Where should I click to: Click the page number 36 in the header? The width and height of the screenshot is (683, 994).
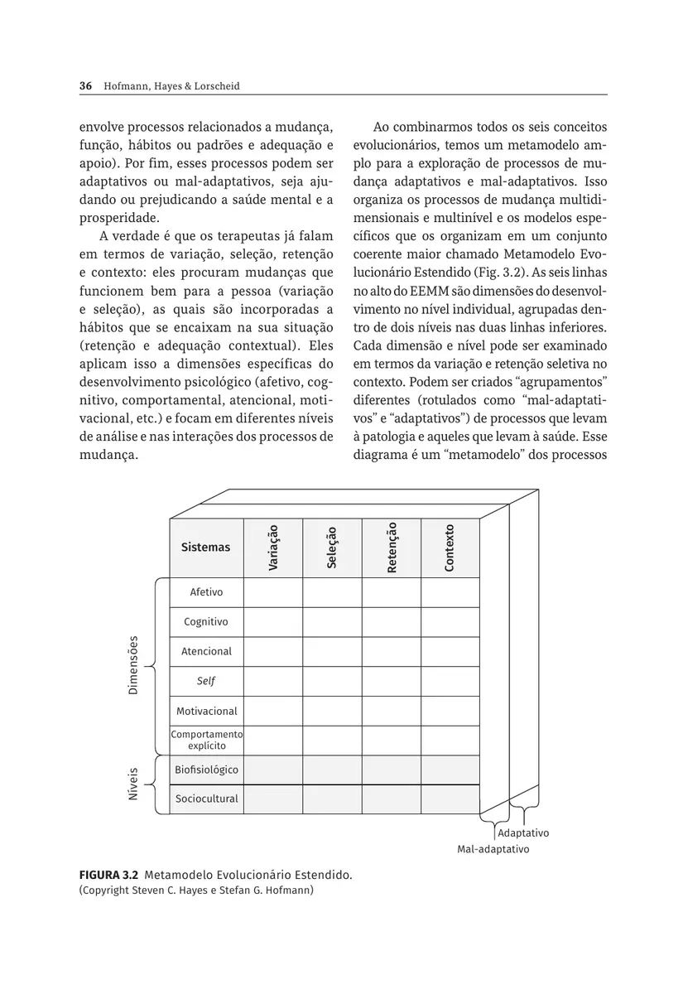[84, 86]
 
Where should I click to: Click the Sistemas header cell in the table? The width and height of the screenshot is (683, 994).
[206, 548]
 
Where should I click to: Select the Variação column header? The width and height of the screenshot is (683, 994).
[273, 548]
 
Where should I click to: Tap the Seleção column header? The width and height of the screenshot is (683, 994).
[332, 548]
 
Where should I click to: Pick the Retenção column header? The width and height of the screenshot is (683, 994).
[392, 548]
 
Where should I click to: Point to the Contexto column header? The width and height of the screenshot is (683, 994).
[450, 548]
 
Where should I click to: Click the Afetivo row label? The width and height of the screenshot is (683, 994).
[206, 592]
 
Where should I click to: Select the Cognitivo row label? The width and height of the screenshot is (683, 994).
[206, 622]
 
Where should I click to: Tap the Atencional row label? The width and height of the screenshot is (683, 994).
[206, 652]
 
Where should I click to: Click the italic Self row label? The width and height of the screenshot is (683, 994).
[206, 682]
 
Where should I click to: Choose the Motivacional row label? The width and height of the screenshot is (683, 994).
[206, 711]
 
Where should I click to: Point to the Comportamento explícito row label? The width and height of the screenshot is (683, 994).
[206, 740]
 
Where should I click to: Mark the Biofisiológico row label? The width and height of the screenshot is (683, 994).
[206, 770]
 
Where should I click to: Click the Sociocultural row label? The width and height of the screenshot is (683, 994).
[206, 799]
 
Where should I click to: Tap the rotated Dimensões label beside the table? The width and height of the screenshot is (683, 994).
[133, 666]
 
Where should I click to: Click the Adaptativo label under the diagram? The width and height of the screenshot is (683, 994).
[524, 833]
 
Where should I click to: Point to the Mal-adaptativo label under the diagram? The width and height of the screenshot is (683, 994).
[493, 849]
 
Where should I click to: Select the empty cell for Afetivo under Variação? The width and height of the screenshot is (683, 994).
[273, 592]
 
